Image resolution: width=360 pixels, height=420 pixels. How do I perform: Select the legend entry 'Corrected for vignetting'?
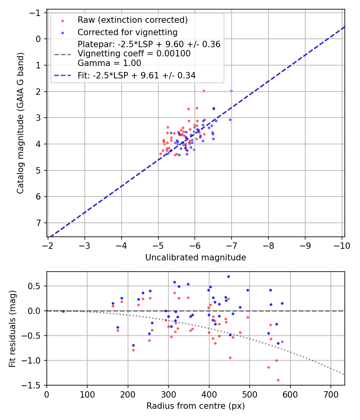pyautogui.click(x=127, y=32)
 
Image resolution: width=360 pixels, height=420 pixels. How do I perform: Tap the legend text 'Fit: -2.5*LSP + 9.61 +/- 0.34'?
pyautogui.click(x=136, y=75)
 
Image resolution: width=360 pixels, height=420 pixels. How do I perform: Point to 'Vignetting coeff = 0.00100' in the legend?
pyautogui.click(x=134, y=54)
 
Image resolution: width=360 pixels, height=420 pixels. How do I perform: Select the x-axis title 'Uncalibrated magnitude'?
pyautogui.click(x=195, y=258)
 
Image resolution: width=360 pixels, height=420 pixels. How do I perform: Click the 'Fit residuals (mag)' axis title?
pyautogui.click(x=12, y=328)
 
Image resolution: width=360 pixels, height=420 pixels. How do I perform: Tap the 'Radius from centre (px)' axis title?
pyautogui.click(x=195, y=406)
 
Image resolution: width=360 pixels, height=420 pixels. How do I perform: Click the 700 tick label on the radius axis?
pyautogui.click(x=330, y=394)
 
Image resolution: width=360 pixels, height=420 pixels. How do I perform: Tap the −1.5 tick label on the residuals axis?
pyautogui.click(x=33, y=385)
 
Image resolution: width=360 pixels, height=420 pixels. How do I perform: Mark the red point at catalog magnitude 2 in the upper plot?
pyautogui.click(x=204, y=91)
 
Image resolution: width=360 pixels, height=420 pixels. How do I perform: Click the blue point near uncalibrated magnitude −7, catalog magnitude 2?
pyautogui.click(x=231, y=91)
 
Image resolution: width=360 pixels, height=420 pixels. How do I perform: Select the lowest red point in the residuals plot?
pyautogui.click(x=278, y=380)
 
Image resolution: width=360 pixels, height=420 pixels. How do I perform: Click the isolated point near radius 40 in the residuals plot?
pyautogui.click(x=63, y=311)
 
